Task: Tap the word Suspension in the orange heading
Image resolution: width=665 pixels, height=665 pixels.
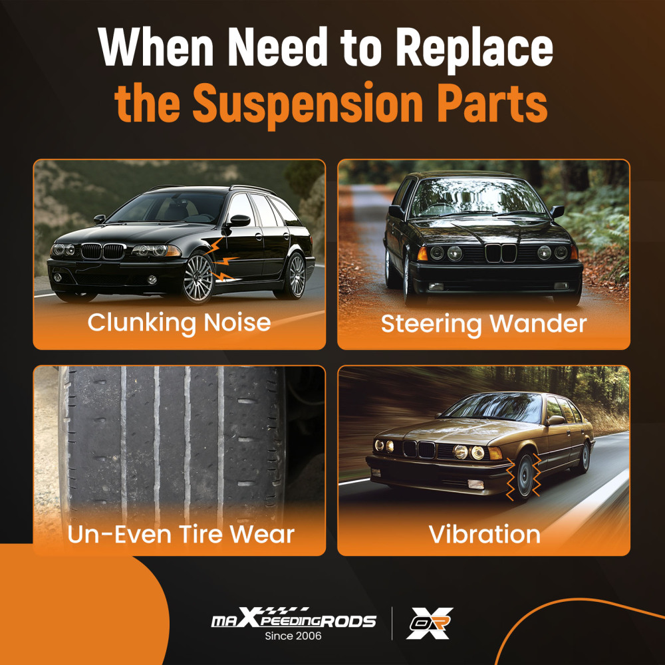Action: [307, 104]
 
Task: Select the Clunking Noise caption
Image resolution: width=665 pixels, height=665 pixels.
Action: [179, 323]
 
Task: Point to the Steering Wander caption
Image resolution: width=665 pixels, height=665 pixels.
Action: [484, 325]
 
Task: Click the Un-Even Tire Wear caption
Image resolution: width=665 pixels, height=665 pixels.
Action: [181, 535]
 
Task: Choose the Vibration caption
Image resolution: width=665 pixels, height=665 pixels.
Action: [484, 535]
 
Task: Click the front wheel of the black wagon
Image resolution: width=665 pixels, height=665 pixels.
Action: [198, 278]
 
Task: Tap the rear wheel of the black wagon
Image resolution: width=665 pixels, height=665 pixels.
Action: [296, 276]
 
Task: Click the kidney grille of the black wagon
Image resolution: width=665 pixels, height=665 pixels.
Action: [103, 251]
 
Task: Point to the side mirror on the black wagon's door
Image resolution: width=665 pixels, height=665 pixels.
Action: [239, 221]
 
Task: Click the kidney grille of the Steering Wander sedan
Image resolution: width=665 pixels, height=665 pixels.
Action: [501, 253]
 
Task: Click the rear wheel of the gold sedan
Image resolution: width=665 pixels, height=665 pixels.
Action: [585, 458]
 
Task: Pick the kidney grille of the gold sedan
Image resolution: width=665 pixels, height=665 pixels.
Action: [418, 449]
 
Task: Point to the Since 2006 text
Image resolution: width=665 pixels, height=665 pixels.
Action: [293, 636]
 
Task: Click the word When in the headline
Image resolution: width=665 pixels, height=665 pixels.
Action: [156, 47]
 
